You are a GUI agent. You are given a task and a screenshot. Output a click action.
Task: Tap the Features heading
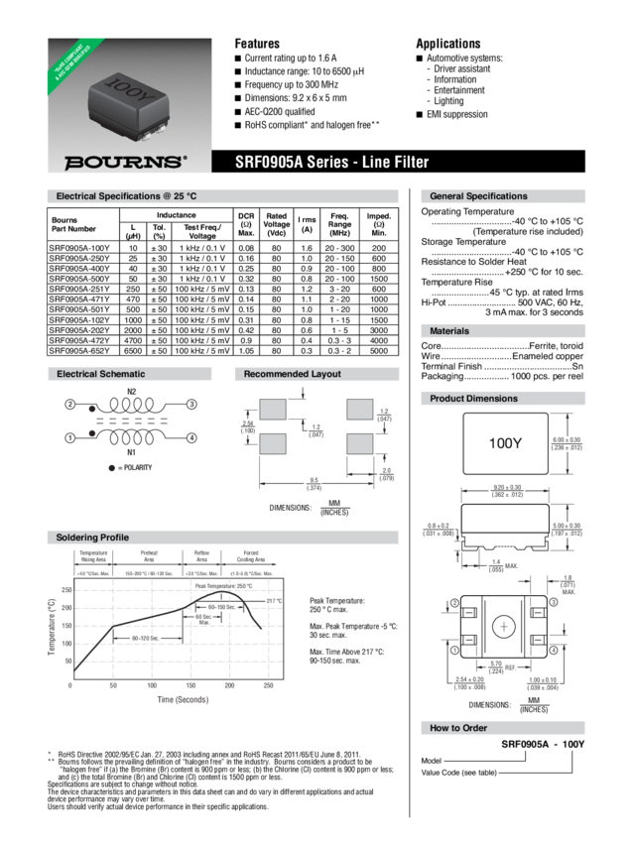click(257, 44)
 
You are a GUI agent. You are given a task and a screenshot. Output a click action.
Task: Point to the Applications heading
click(448, 44)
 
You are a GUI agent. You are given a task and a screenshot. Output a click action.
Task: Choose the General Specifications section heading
click(478, 196)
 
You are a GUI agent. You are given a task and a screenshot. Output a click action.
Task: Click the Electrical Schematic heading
click(101, 374)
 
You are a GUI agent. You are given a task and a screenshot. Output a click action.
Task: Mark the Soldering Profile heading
click(95, 537)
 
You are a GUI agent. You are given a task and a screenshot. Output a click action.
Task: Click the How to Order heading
click(458, 728)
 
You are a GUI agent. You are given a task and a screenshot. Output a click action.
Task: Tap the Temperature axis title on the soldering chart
click(52, 625)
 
